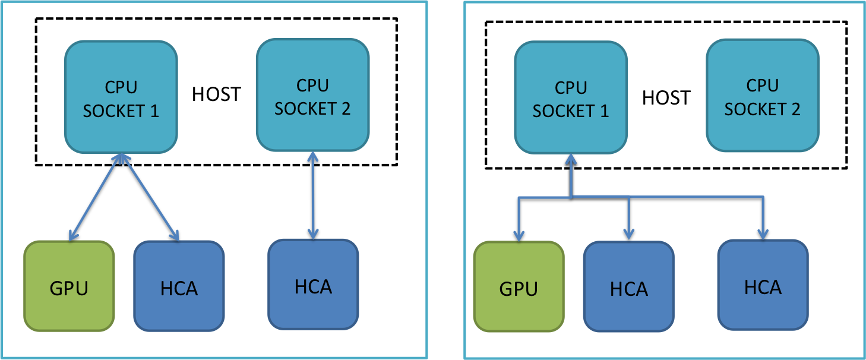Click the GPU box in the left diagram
point(69,286)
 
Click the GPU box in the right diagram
point(519,286)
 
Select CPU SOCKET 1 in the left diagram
point(121,98)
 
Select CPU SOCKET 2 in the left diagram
point(312,96)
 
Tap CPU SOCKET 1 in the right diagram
point(570,99)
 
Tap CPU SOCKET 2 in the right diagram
point(762,97)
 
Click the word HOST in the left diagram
point(216,94)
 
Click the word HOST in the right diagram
point(666,97)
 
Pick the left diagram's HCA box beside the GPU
point(179,286)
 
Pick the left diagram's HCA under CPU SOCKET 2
point(313,285)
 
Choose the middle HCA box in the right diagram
point(629,288)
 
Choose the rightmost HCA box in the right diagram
point(763,286)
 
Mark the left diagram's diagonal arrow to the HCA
point(148,196)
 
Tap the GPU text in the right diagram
point(519,288)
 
